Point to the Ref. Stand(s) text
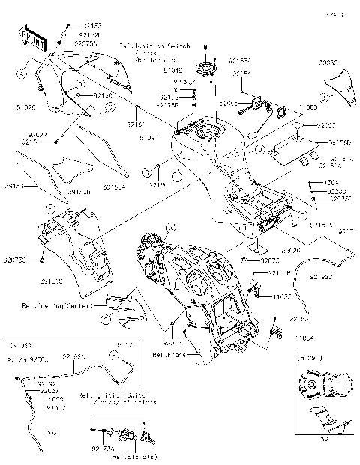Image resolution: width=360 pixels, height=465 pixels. coord(135,456)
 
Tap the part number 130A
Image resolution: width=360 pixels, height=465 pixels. coord(334,182)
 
